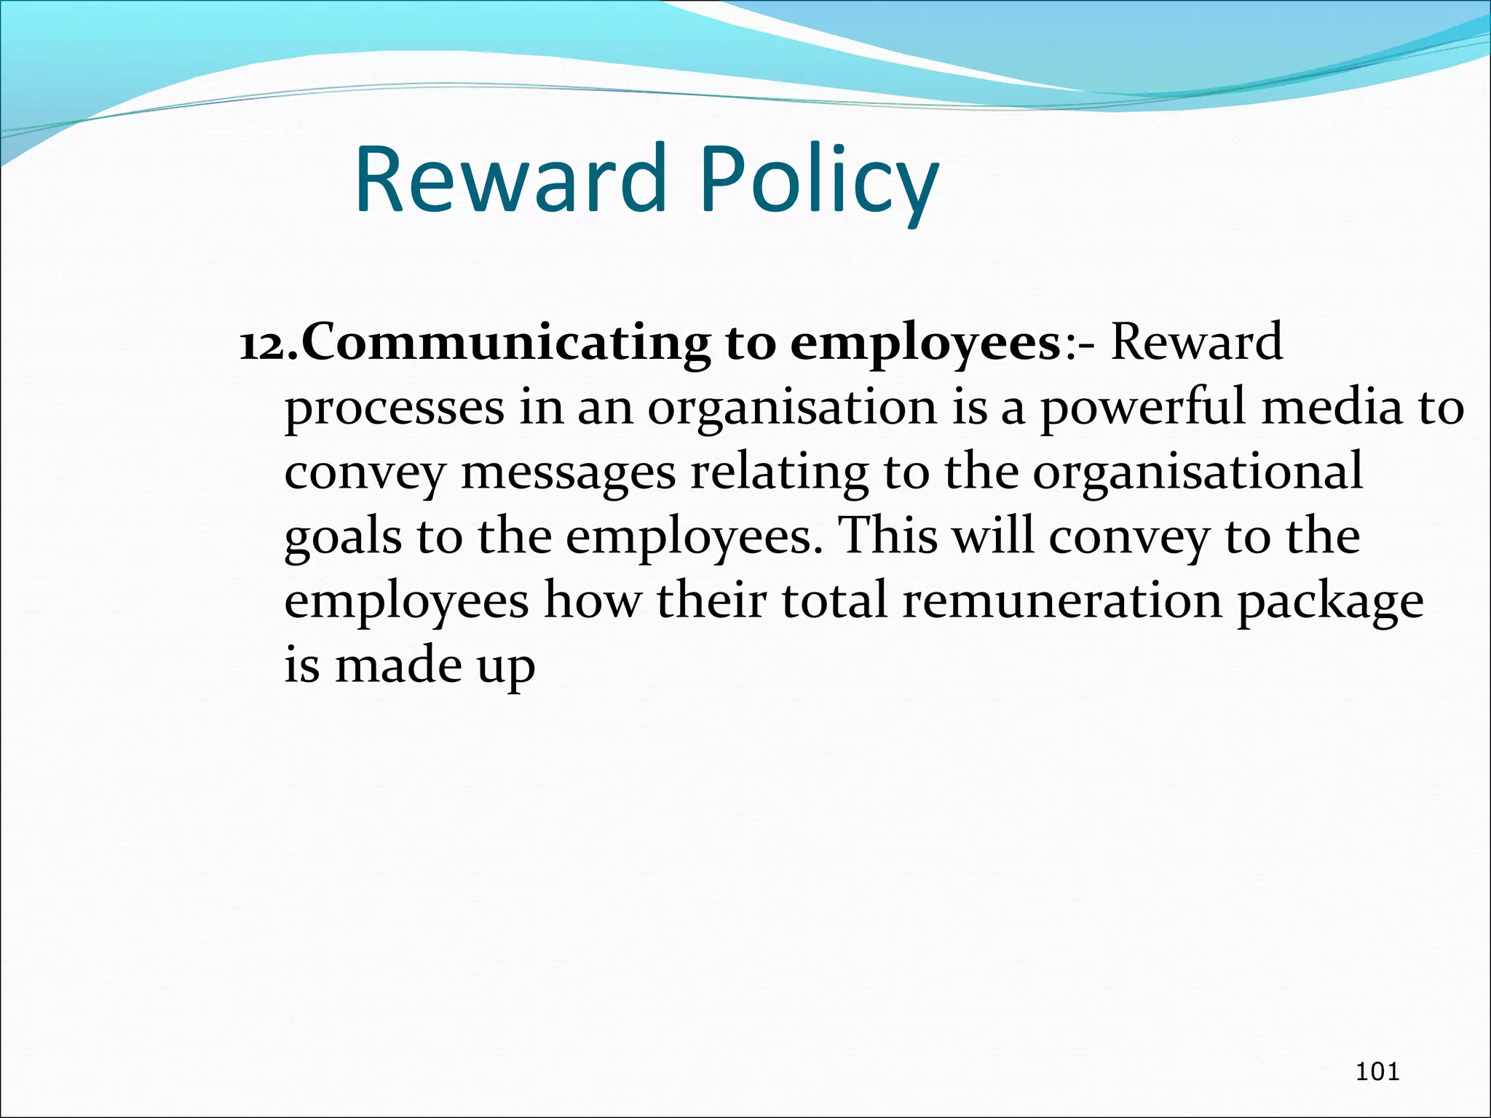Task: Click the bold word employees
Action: click(925, 344)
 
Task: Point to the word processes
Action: click(394, 408)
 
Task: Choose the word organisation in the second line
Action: click(791, 408)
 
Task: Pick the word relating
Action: click(779, 473)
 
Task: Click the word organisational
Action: click(1197, 473)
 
